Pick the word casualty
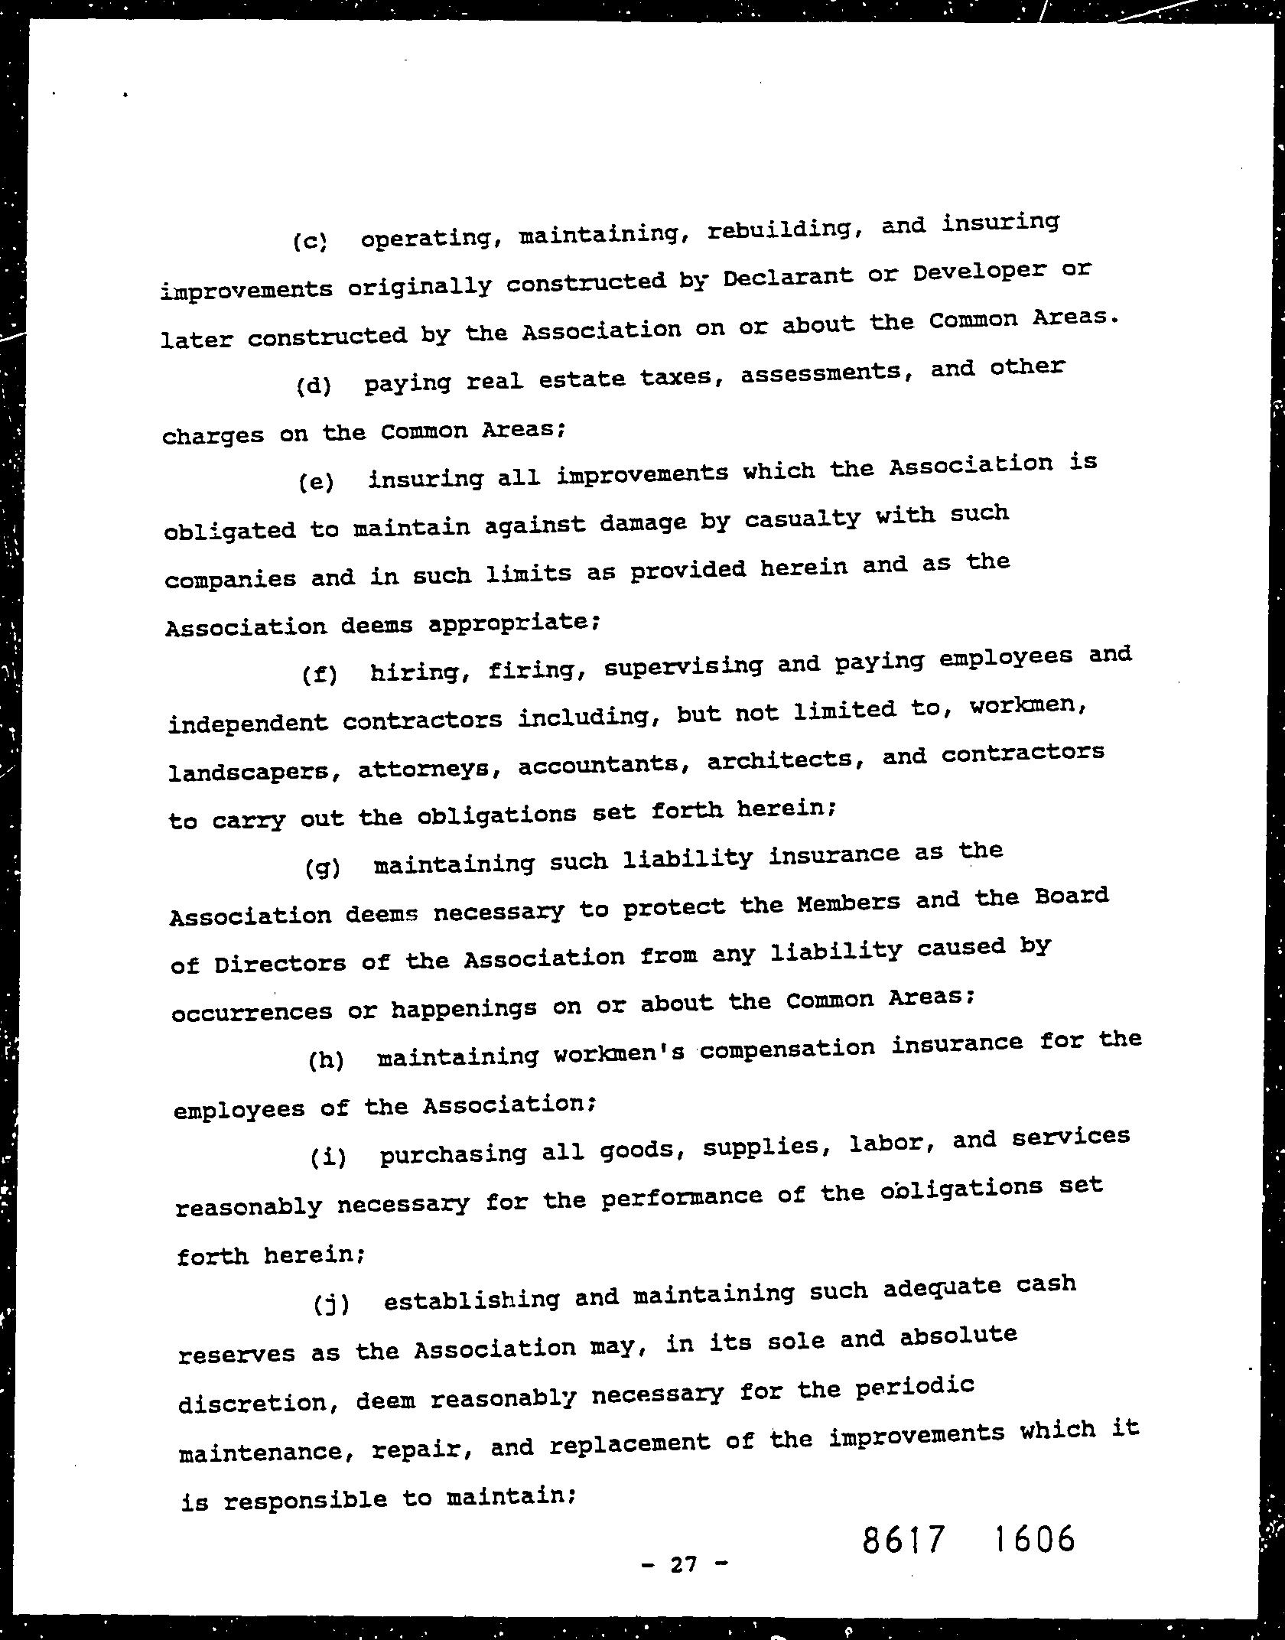click(802, 519)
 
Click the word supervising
click(683, 667)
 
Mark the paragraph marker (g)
click(322, 868)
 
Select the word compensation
click(787, 1047)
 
